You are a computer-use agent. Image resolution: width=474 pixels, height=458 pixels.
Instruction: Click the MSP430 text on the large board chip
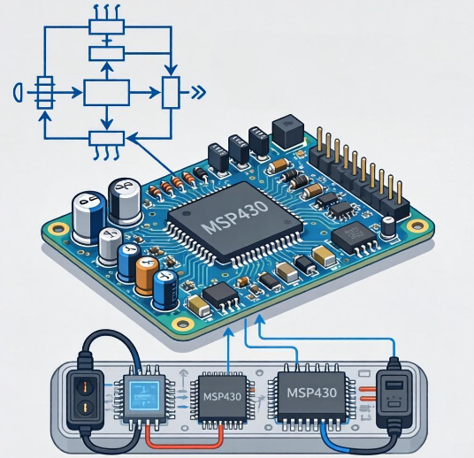[x=235, y=216]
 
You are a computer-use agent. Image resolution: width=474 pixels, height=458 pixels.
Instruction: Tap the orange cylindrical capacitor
[x=147, y=276]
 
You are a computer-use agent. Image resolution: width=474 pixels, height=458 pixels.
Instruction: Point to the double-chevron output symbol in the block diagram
[x=199, y=92]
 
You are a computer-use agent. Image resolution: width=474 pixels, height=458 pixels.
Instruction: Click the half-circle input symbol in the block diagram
[x=18, y=92]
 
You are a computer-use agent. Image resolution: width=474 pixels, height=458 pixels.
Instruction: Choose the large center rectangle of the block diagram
[x=106, y=93]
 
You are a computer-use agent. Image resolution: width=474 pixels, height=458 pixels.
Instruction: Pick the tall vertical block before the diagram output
[x=171, y=93]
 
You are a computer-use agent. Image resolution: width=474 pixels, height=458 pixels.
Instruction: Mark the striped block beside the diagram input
[x=45, y=93]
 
